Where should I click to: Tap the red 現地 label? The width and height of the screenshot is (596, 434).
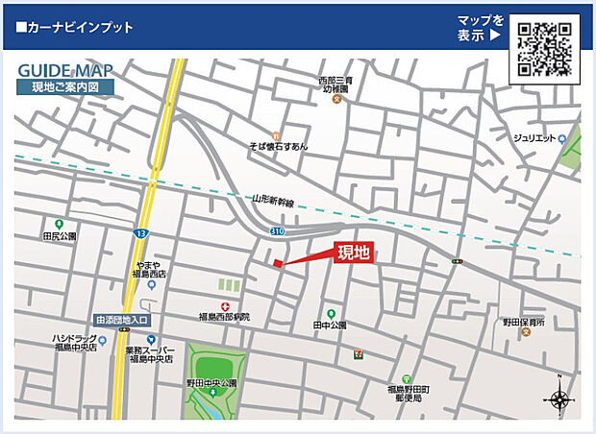[353, 253]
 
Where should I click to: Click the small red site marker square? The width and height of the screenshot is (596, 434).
[278, 264]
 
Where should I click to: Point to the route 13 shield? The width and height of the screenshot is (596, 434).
[141, 233]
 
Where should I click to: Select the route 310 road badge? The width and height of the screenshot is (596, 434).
[277, 231]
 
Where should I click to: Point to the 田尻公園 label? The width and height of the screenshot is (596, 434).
[59, 235]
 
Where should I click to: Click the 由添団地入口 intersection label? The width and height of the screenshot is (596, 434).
[122, 320]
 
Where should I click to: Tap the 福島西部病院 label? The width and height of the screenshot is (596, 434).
[223, 316]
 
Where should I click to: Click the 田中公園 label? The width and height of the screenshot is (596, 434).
[330, 325]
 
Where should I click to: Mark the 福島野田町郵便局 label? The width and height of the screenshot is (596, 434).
[407, 394]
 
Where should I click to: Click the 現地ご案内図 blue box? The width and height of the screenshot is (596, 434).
[64, 87]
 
